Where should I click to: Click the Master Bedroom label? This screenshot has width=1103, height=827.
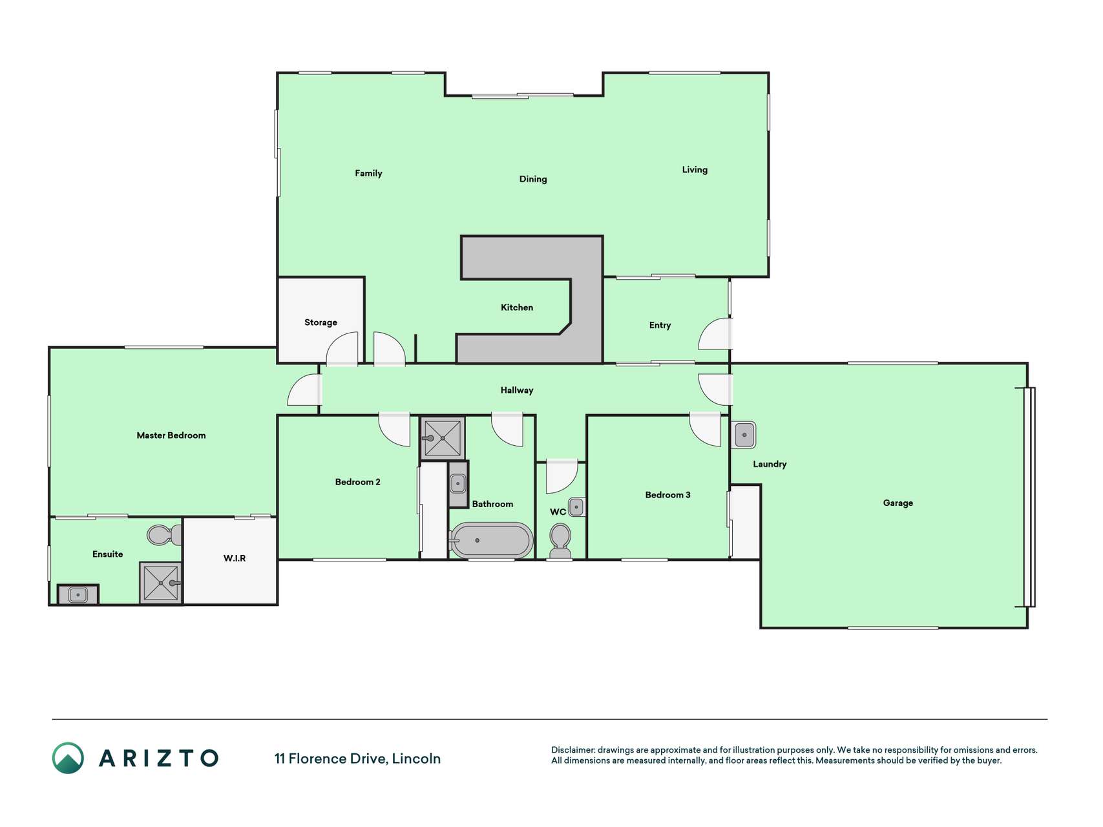pyautogui.click(x=171, y=435)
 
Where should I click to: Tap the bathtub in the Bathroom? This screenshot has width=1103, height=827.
pyautogui.click(x=491, y=541)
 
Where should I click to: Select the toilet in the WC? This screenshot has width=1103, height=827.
pyautogui.click(x=560, y=541)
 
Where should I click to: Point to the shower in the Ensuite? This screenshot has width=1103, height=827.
pyautogui.click(x=161, y=583)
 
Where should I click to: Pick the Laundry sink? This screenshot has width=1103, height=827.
pyautogui.click(x=744, y=435)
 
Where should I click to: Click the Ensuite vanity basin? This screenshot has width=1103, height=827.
pyautogui.click(x=78, y=594)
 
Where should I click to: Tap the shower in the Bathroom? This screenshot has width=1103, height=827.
pyautogui.click(x=443, y=438)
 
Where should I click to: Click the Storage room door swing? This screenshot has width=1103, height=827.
pyautogui.click(x=342, y=349)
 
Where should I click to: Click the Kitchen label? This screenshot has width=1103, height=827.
pyautogui.click(x=517, y=308)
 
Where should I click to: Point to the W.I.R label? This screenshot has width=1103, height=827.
pyautogui.click(x=235, y=558)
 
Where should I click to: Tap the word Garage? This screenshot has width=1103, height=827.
pyautogui.click(x=898, y=503)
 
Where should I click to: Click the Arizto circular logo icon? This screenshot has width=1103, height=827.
pyautogui.click(x=68, y=758)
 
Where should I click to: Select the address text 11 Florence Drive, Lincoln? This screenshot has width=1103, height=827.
pyautogui.click(x=357, y=759)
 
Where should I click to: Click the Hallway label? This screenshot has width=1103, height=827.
pyautogui.click(x=517, y=390)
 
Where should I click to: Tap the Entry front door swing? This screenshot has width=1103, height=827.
pyautogui.click(x=715, y=334)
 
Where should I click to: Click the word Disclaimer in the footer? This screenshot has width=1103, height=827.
pyautogui.click(x=573, y=750)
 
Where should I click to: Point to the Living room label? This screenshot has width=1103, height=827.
pyautogui.click(x=695, y=170)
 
